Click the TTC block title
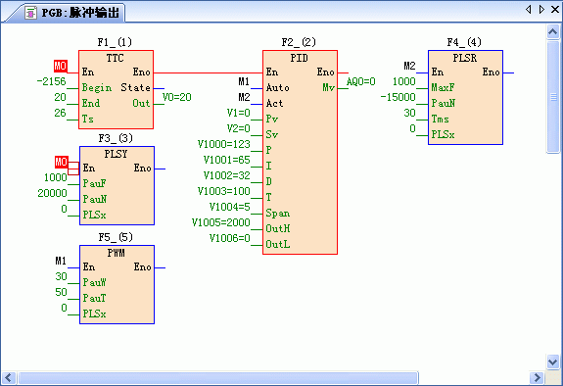point(115,58)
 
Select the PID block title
point(300,58)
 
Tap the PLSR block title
point(465,58)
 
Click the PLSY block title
point(115,154)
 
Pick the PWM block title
point(115,252)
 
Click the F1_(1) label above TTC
point(115,42)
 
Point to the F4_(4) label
point(465,42)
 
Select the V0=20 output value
point(176,97)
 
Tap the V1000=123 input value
point(224,144)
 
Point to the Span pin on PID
point(278,213)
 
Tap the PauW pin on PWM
point(95,279)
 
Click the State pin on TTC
point(136,87)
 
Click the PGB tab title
point(68,12)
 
